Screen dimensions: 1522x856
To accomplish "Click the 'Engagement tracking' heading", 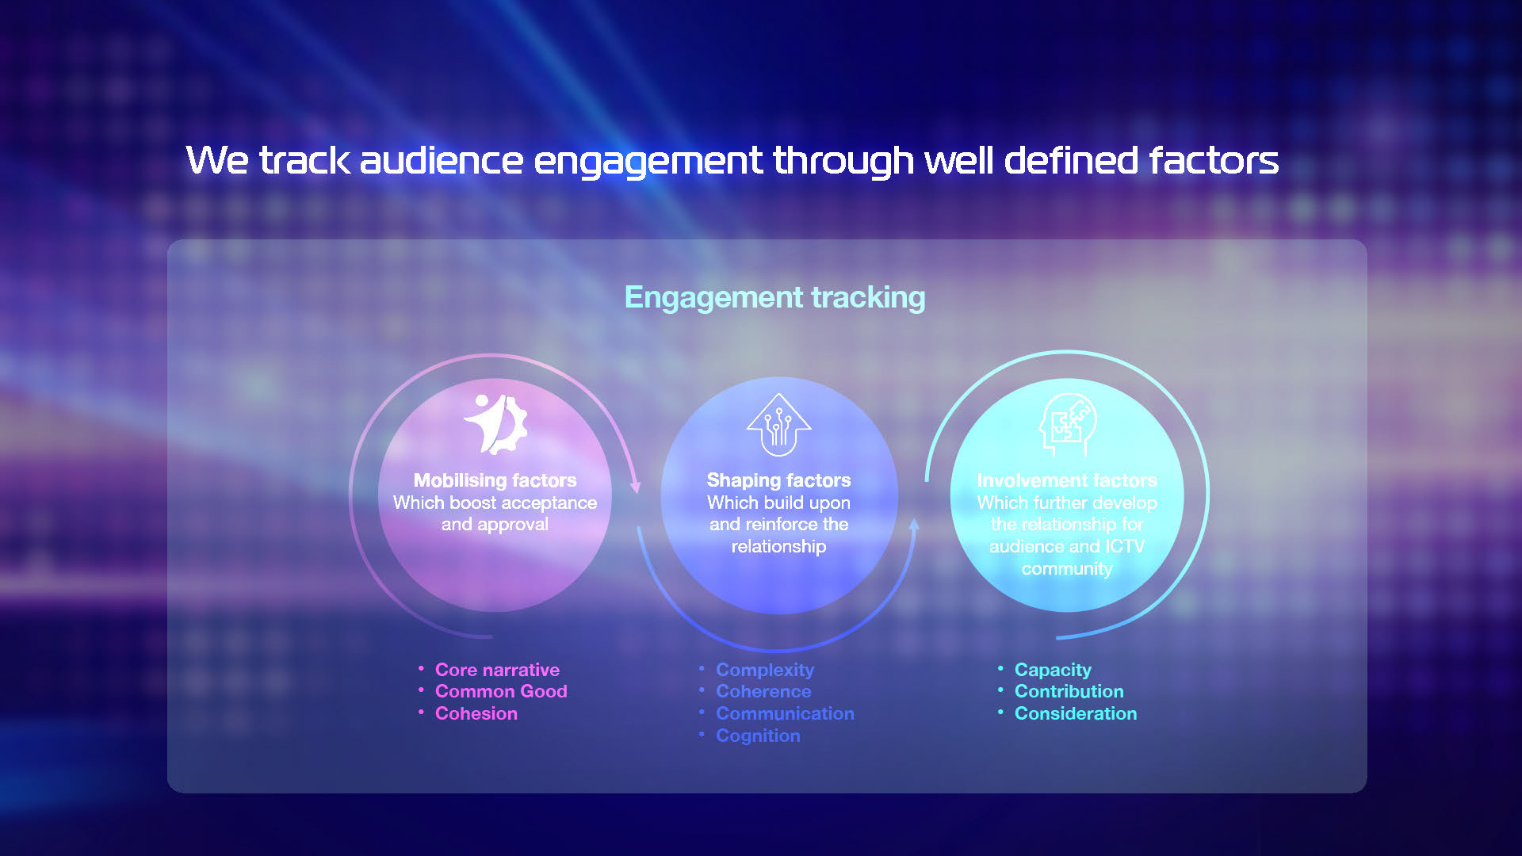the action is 774,298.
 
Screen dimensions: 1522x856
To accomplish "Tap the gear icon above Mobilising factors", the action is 495,425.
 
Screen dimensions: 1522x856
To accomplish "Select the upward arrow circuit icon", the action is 778,425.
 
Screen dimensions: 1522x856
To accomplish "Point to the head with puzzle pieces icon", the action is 1067,425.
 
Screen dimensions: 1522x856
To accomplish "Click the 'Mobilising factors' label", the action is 495,480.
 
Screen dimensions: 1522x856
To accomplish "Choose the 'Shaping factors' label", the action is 778,480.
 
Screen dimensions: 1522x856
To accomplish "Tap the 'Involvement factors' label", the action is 1067,480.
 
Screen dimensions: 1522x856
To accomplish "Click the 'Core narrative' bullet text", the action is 497,670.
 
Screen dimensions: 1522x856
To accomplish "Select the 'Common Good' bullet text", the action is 501,691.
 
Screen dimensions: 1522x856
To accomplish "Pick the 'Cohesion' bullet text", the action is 476,713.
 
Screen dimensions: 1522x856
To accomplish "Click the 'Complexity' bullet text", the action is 765,670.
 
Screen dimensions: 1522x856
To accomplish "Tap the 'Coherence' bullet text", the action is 763,691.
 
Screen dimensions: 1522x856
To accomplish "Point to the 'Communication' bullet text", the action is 785,713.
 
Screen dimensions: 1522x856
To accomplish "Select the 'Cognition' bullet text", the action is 758,736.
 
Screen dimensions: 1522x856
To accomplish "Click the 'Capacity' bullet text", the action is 1053,670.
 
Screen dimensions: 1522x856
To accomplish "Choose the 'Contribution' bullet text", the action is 1069,691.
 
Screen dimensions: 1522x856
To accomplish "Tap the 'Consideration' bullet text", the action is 1076,713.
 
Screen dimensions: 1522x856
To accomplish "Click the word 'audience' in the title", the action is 442,160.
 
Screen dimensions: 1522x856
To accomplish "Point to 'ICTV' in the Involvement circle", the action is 1125,546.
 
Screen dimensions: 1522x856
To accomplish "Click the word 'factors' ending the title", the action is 1214,160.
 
